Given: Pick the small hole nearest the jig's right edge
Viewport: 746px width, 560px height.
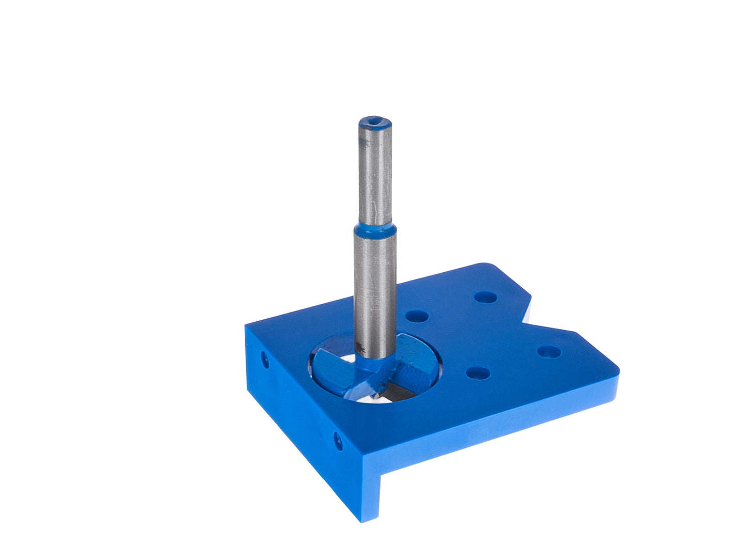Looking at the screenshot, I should click(x=549, y=352).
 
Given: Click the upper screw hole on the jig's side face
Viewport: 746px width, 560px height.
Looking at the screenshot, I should click(x=265, y=359).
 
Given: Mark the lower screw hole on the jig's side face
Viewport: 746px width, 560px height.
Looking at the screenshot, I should click(x=338, y=440).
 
